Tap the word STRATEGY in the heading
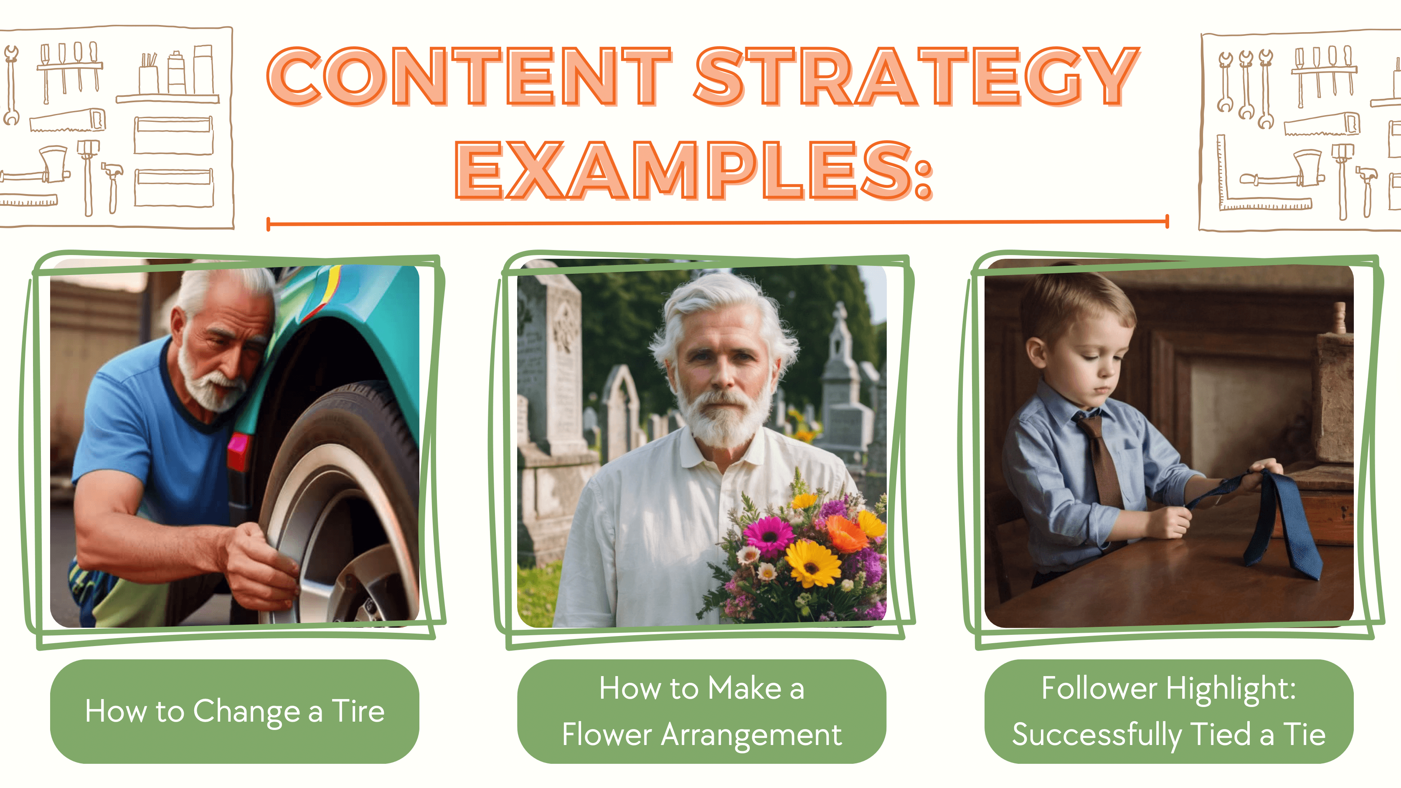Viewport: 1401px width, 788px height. point(916,76)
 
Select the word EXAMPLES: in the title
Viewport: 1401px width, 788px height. point(694,170)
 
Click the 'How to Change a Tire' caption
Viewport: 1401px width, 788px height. point(234,711)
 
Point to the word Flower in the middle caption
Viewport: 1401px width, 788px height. point(607,734)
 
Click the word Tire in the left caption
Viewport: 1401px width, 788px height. point(358,710)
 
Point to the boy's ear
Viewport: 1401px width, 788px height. point(1036,351)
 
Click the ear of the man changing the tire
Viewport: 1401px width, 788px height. point(178,326)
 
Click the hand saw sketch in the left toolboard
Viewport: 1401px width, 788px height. point(67,120)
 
